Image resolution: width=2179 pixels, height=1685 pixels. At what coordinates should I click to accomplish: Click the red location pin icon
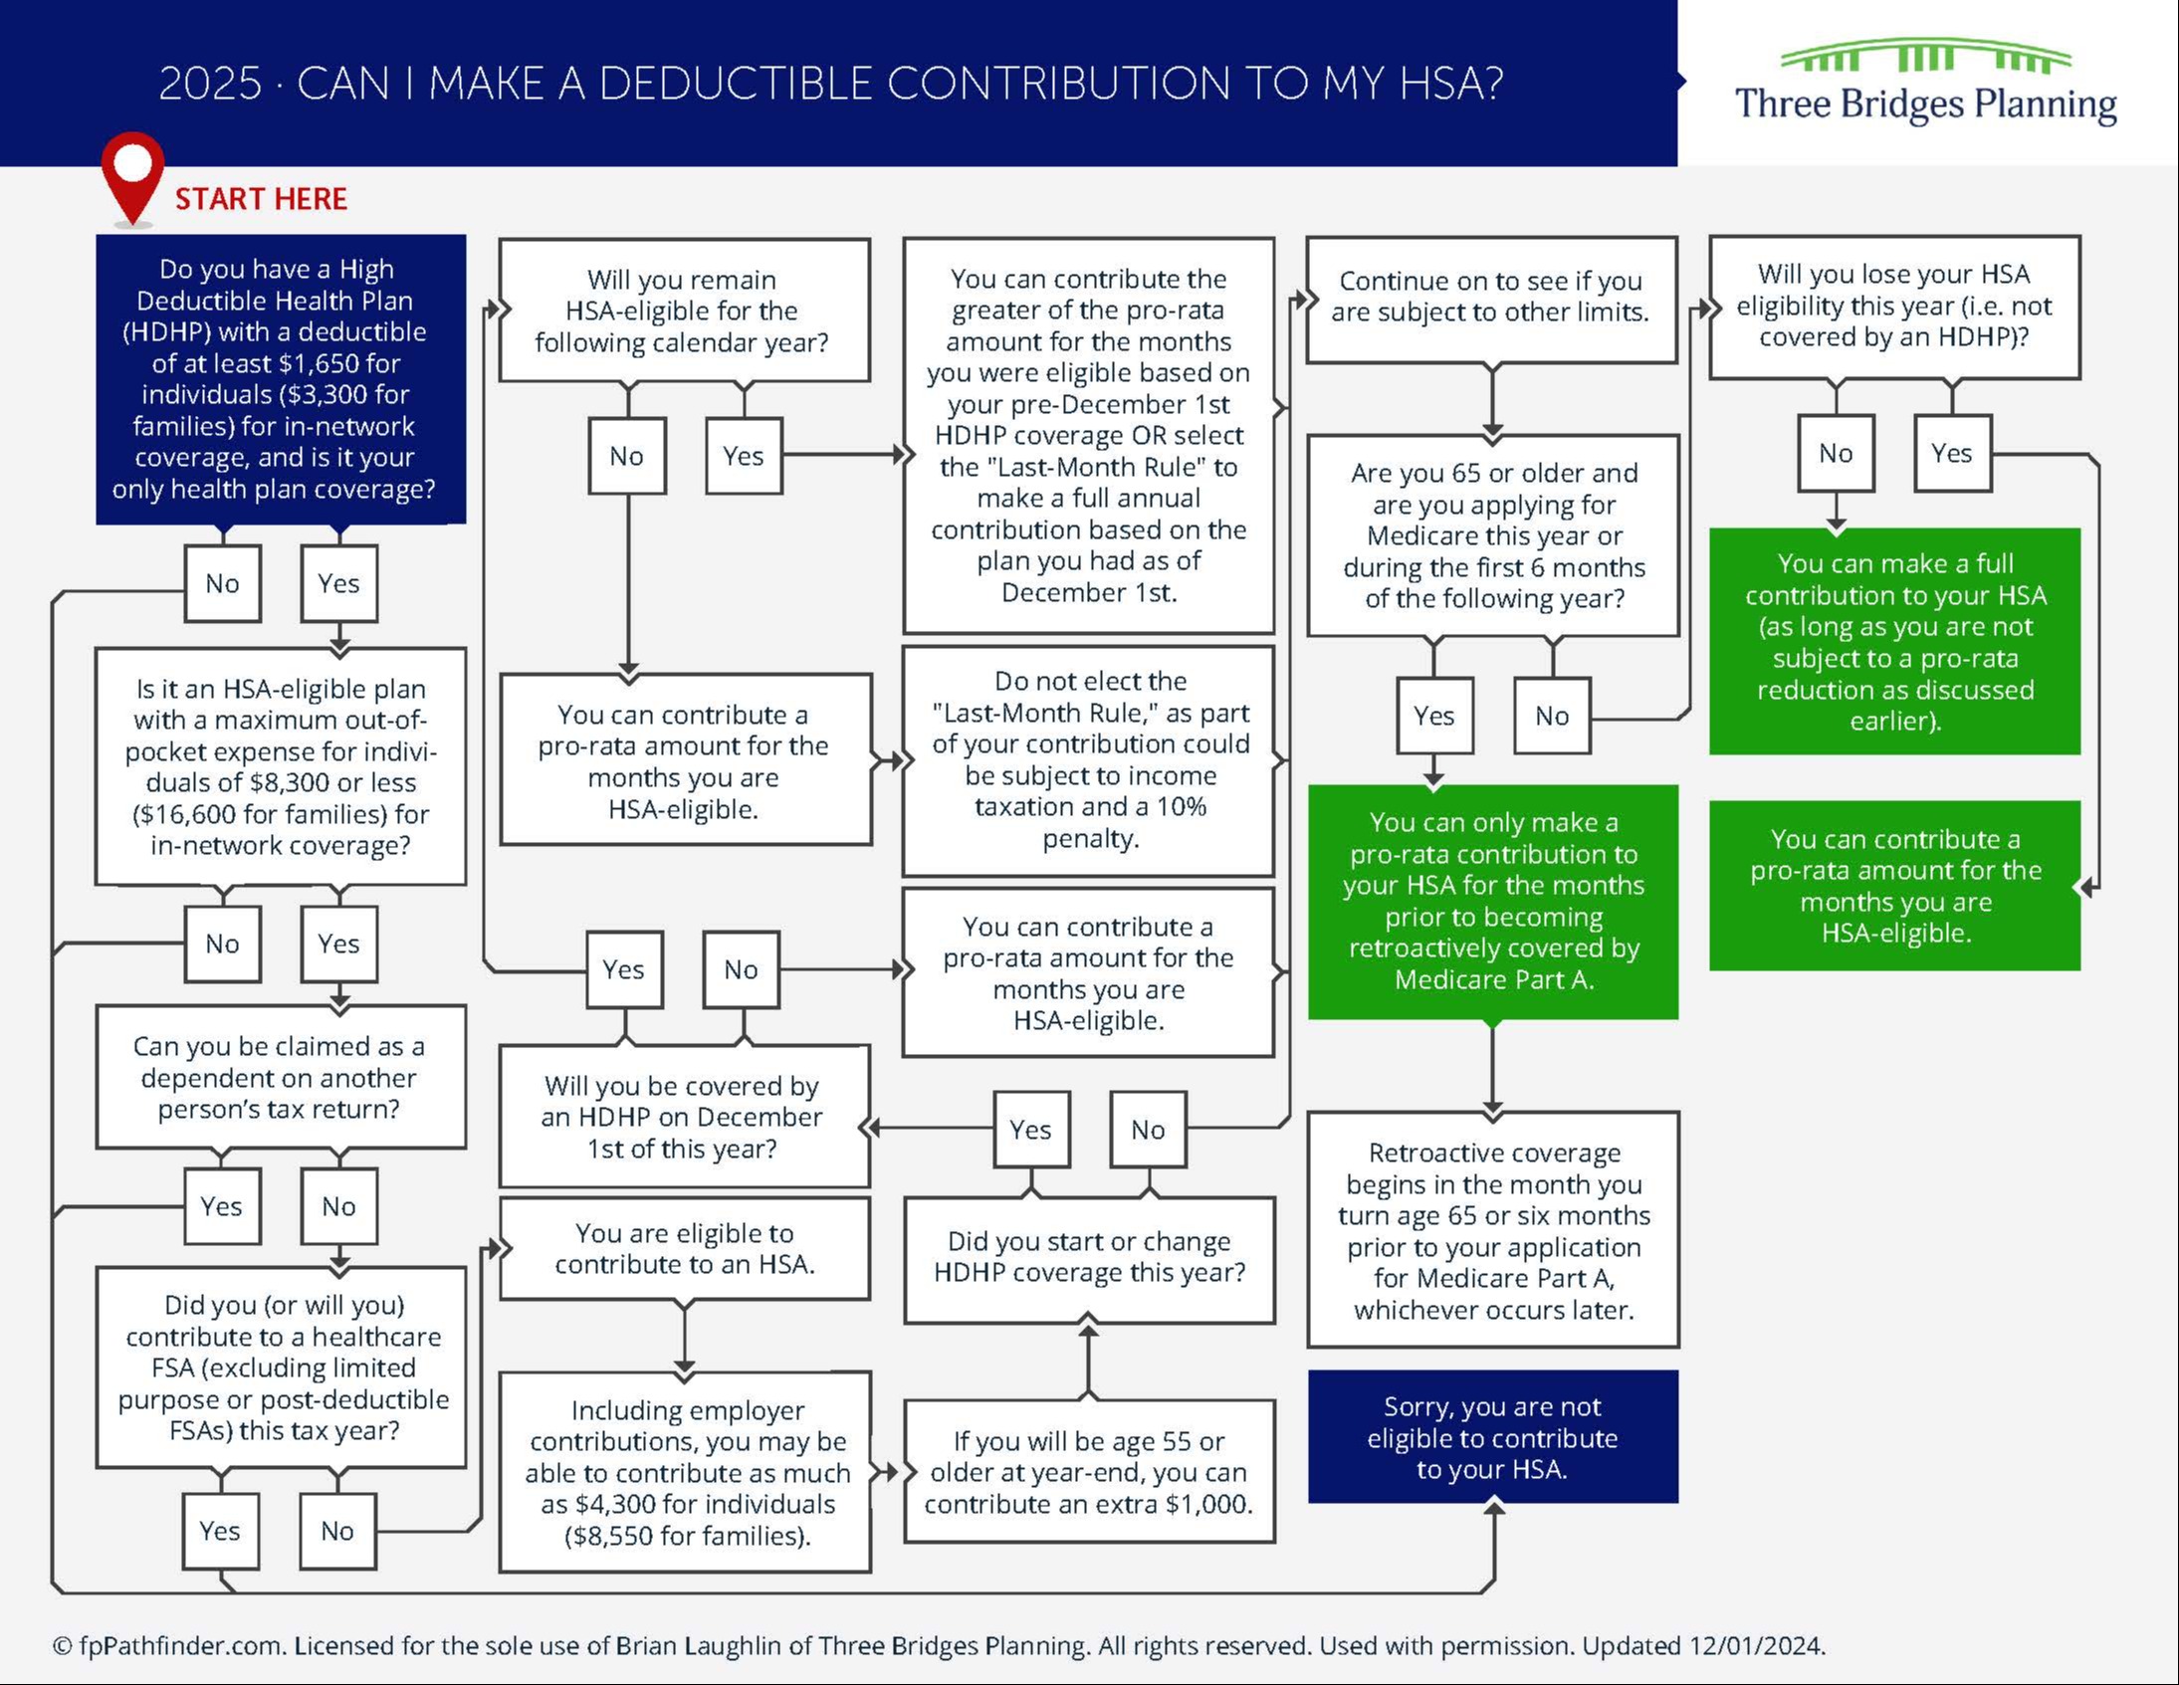pos(131,172)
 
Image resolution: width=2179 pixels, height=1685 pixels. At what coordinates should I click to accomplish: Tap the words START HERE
pos(262,198)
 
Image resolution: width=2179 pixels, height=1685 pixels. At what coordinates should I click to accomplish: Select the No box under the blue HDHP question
pos(223,583)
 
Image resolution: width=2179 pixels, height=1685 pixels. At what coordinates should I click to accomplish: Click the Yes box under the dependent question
pos(222,1206)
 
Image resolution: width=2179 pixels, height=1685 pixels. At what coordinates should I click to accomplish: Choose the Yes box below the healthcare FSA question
pos(220,1531)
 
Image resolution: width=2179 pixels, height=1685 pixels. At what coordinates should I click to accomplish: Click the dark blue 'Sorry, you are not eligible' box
pos(1492,1436)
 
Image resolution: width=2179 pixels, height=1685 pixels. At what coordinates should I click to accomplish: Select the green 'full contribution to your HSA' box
pos(1893,641)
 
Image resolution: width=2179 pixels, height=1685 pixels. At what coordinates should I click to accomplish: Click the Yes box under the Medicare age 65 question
pos(1433,716)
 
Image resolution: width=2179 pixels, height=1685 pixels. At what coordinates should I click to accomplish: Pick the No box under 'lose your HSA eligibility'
pos(1836,453)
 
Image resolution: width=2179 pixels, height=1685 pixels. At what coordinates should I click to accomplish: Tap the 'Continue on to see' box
pos(1490,298)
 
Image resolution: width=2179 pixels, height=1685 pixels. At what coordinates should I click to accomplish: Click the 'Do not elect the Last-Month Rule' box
pos(1088,759)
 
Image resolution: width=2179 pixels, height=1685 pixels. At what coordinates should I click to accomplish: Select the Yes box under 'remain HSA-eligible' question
pos(744,456)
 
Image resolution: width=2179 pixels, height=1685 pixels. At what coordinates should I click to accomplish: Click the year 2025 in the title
pos(209,84)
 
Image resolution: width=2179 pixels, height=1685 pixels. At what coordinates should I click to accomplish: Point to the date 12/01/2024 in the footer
pos(1756,1645)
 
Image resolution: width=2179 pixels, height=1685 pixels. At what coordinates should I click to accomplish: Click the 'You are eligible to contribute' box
pos(685,1248)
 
